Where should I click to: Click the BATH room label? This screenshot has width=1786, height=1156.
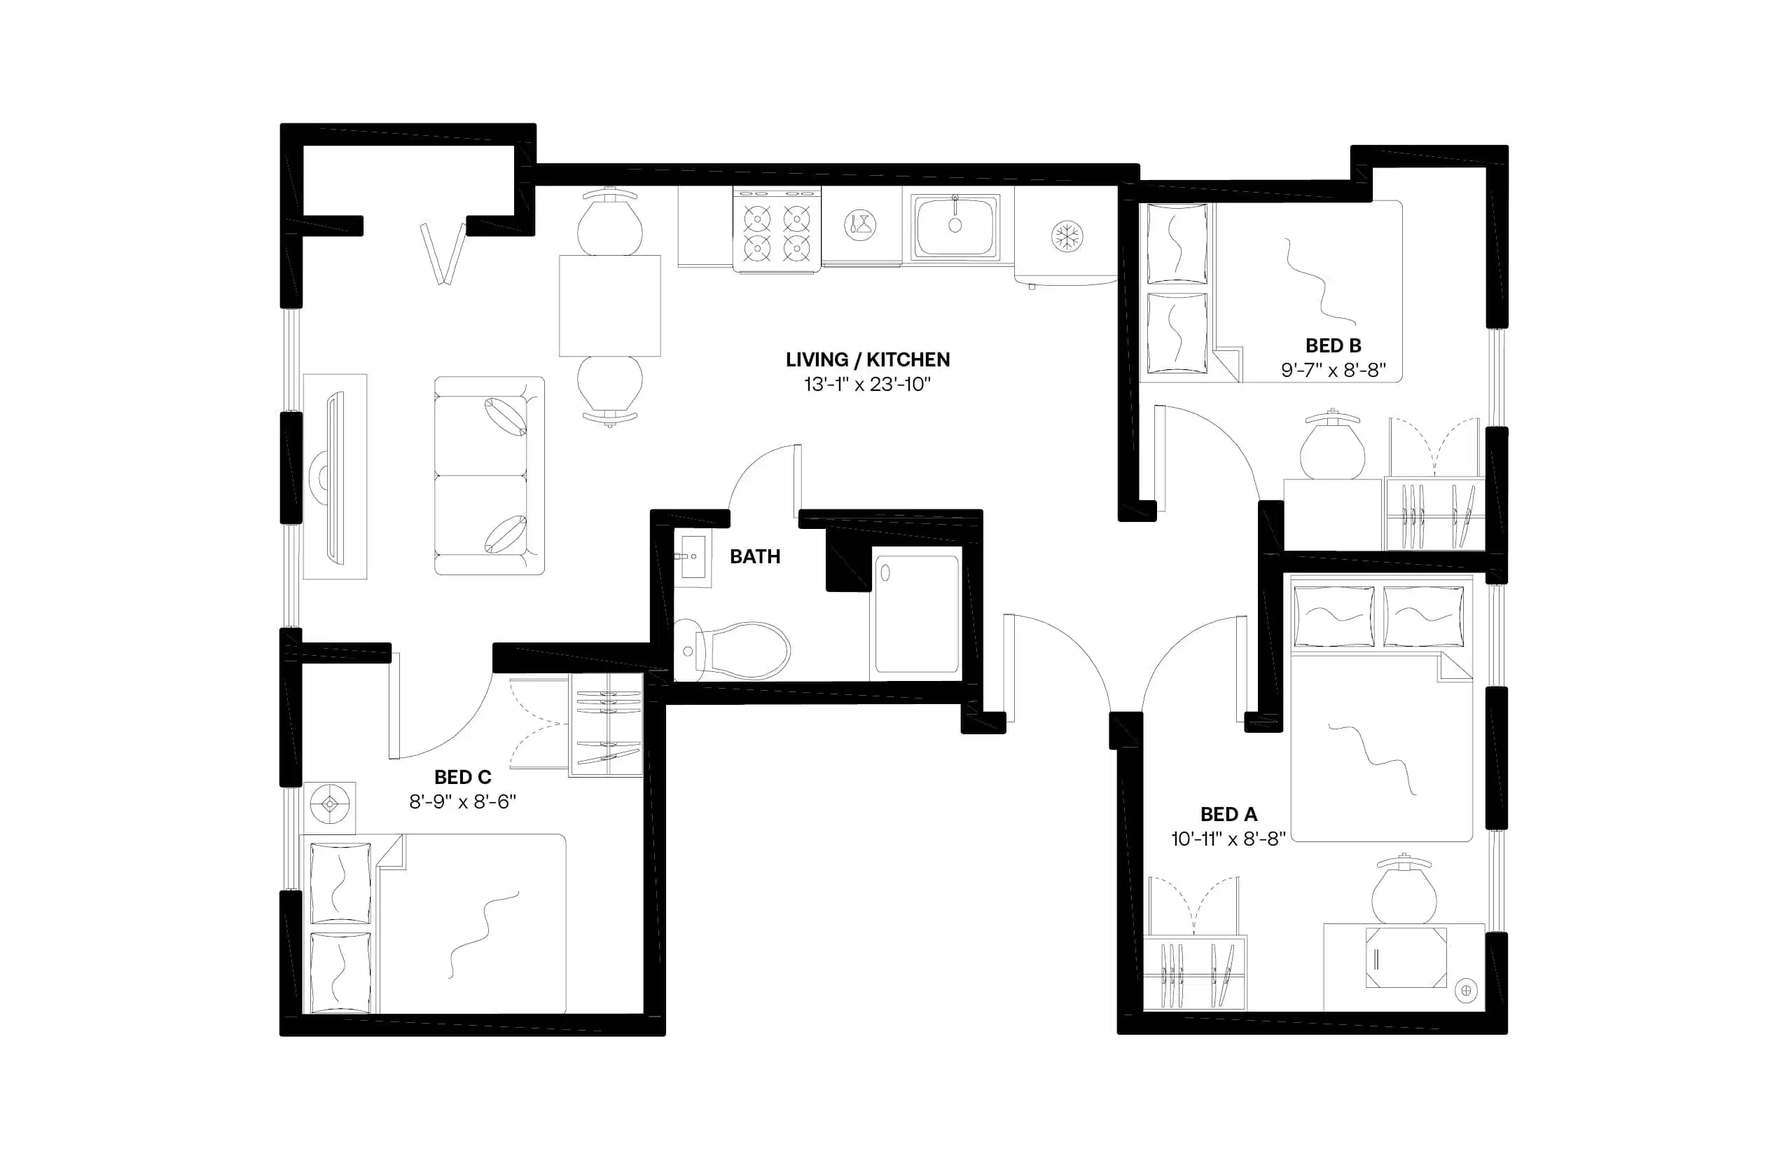point(755,556)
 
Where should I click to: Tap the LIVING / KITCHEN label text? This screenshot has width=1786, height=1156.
point(868,359)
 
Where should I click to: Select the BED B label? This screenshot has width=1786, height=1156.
point(1333,345)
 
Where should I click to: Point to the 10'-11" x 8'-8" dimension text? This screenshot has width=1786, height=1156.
point(1228,839)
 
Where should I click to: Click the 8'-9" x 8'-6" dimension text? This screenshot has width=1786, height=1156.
point(462,801)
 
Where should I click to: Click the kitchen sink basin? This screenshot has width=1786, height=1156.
point(955,226)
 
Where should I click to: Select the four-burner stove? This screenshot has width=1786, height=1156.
point(777,229)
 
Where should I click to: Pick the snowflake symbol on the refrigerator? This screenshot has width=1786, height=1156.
point(1066,237)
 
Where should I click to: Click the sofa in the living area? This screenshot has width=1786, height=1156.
point(489,476)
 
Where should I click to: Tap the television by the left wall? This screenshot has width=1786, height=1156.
point(334,477)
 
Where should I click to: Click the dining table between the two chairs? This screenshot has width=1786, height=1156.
point(609,305)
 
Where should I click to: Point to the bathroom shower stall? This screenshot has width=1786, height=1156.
point(916,614)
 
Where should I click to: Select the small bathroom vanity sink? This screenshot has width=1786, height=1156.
point(692,557)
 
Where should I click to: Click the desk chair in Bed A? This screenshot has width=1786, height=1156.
point(1404,891)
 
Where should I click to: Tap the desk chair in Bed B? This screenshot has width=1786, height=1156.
point(1332,448)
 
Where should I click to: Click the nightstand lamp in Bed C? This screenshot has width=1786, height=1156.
point(329,805)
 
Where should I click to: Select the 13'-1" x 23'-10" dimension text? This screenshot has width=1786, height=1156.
point(867,385)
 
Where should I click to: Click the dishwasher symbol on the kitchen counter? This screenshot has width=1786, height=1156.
point(860,224)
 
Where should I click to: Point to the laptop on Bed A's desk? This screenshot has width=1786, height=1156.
point(1406,958)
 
